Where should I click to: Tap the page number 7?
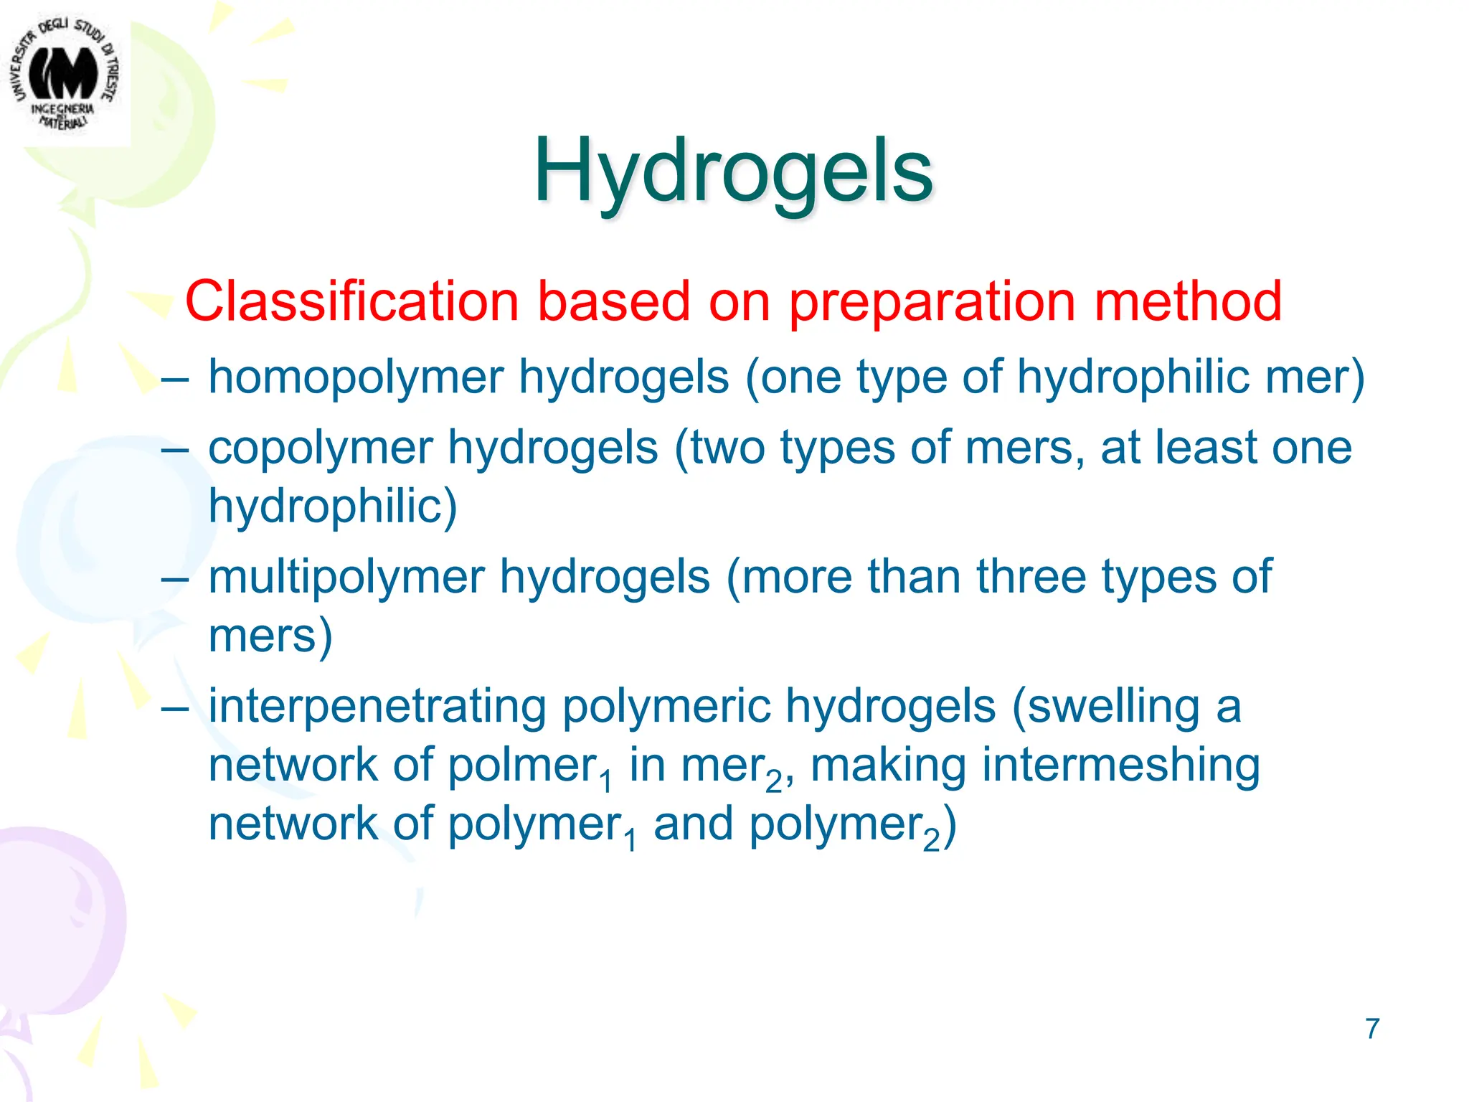point(1372,1029)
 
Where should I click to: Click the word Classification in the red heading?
point(351,301)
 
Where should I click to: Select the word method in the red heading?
point(1188,301)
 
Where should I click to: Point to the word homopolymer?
point(356,377)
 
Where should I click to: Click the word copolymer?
point(321,449)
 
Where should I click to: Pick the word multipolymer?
point(346,578)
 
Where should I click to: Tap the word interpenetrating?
point(377,707)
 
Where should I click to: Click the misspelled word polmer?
point(521,765)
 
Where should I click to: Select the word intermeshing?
point(1120,766)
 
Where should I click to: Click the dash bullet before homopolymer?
point(176,379)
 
